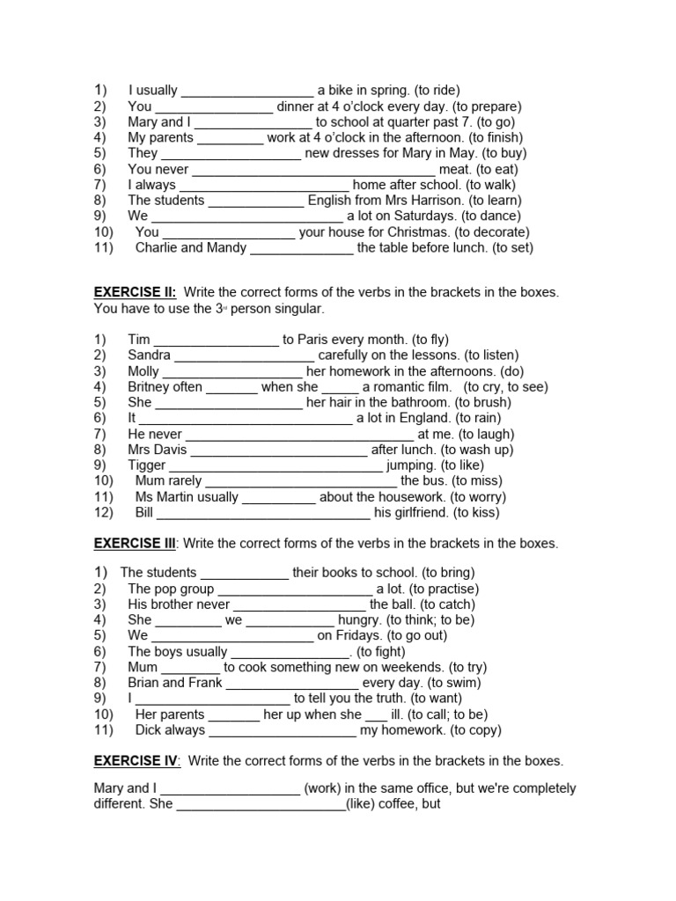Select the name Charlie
click(x=157, y=248)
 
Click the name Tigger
click(x=146, y=465)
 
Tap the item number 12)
click(x=104, y=512)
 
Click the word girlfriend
click(x=411, y=512)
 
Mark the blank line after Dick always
click(x=283, y=731)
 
